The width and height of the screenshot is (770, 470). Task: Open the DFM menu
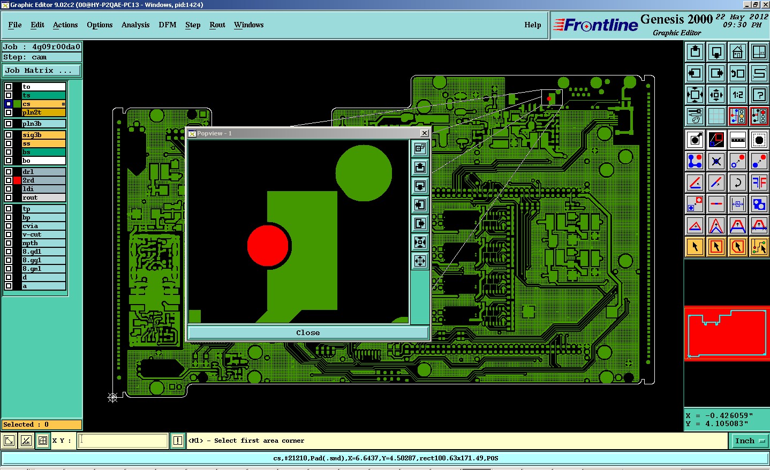pyautogui.click(x=168, y=25)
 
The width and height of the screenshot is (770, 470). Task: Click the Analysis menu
pyautogui.click(x=135, y=25)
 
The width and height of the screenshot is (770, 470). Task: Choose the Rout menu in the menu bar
pyautogui.click(x=217, y=25)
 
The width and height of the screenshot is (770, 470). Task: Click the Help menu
pyautogui.click(x=532, y=25)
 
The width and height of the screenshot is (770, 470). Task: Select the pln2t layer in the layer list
pyautogui.click(x=44, y=112)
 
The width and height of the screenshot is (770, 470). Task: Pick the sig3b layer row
pyautogui.click(x=44, y=135)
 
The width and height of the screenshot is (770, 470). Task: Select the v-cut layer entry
pyautogui.click(x=44, y=234)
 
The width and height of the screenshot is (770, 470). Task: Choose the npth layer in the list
pyautogui.click(x=44, y=243)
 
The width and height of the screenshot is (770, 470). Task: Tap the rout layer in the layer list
pyautogui.click(x=44, y=198)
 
